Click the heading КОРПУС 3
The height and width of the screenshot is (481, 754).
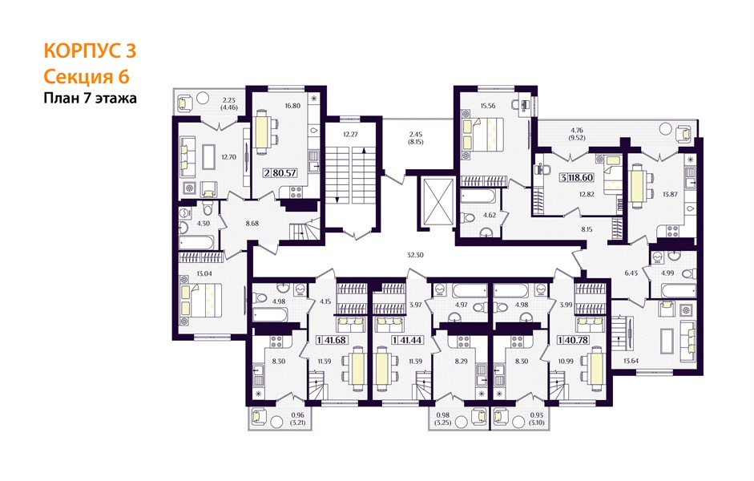(90, 51)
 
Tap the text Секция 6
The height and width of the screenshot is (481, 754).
(87, 77)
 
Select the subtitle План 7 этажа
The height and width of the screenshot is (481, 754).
(90, 98)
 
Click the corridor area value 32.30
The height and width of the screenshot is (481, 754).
(415, 256)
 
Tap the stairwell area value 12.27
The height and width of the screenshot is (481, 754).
(350, 135)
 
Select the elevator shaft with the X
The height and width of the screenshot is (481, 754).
(436, 200)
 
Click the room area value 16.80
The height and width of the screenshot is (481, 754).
(292, 106)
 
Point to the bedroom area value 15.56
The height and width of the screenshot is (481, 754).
(487, 106)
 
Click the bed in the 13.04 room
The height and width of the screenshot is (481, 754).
(201, 300)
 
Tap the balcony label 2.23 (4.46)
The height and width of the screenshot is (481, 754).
(229, 104)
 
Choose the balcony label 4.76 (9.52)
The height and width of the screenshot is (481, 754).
(578, 134)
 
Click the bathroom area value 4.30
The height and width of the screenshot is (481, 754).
(204, 223)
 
